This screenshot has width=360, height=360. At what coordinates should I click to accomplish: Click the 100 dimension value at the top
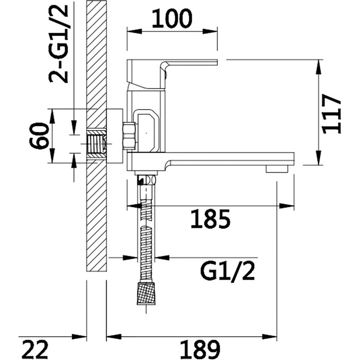click(x=172, y=19)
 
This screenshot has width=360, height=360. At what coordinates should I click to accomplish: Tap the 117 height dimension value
click(x=331, y=114)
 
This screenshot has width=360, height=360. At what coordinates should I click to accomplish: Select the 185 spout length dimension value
click(x=210, y=219)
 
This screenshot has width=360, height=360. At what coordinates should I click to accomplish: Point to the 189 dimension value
click(x=200, y=350)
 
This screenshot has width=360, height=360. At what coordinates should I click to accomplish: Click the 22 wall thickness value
click(x=35, y=350)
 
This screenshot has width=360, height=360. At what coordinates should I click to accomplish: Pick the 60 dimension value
click(x=39, y=136)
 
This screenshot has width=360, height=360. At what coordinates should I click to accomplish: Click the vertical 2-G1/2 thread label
click(x=59, y=43)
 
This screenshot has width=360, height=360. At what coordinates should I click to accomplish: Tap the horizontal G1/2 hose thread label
click(x=228, y=271)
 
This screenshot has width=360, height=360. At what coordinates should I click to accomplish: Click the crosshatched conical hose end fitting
click(x=146, y=294)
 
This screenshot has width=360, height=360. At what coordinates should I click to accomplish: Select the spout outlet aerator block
click(x=277, y=169)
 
